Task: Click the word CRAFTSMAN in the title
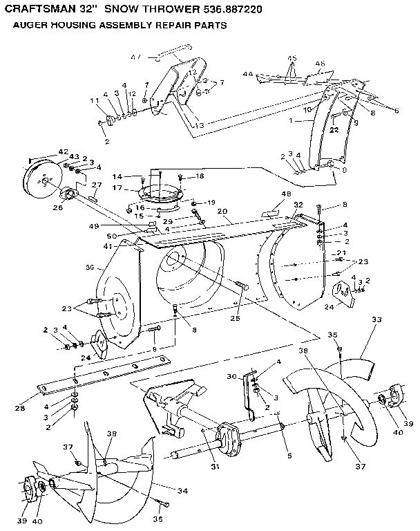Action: coord(42,9)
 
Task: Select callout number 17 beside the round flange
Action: coord(117,187)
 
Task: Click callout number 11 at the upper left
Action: coord(95,101)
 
